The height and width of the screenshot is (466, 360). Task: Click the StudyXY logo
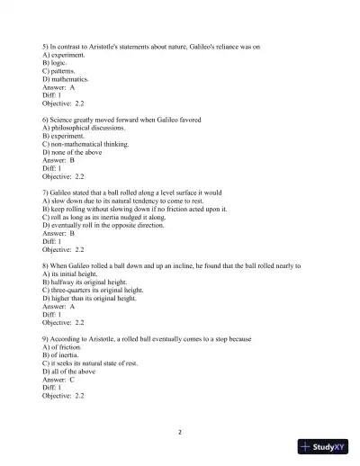click(x=328, y=446)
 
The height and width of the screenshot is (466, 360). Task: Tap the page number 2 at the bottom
click(x=180, y=432)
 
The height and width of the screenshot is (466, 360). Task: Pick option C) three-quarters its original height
click(x=94, y=290)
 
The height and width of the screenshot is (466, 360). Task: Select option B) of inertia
click(x=62, y=354)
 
